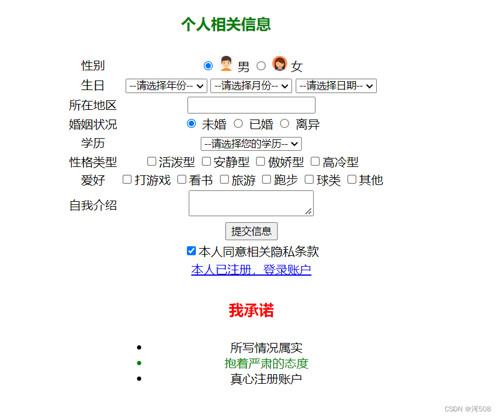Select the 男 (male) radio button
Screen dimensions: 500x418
[x=208, y=65]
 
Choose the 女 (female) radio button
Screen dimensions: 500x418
[x=261, y=65]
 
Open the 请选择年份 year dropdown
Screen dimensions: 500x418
[x=166, y=86]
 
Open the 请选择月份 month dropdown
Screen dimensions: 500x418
[x=251, y=86]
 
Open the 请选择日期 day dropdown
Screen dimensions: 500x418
[x=336, y=86]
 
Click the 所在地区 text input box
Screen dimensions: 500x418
[x=251, y=105]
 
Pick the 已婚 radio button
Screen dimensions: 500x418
[x=238, y=123]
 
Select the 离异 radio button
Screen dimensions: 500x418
[x=284, y=123]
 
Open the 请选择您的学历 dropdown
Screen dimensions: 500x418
[x=251, y=144]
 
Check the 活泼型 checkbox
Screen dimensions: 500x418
[x=152, y=161]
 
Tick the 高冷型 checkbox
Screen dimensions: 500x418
[x=316, y=161]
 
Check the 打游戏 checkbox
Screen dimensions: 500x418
[x=127, y=180]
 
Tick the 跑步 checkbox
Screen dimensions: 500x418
[x=267, y=180]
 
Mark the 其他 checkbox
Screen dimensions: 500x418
[x=352, y=180]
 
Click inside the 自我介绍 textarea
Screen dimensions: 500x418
[x=251, y=203]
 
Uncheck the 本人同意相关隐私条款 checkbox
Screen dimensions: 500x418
[x=191, y=250]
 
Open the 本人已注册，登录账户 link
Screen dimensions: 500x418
[x=251, y=270]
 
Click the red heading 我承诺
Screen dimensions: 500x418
[x=251, y=310]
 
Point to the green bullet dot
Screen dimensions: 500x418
[x=139, y=363]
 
